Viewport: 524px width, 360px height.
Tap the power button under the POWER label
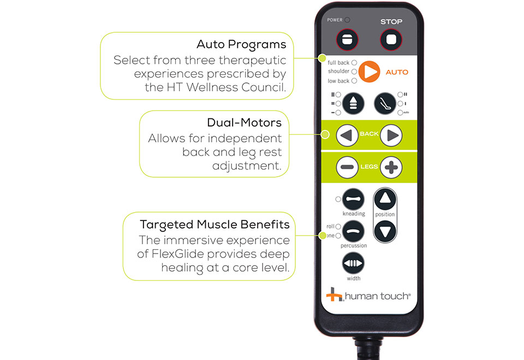coord(347,40)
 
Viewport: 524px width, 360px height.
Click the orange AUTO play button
coord(369,71)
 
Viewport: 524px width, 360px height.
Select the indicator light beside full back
coord(354,62)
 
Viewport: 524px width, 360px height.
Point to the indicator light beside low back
coord(354,81)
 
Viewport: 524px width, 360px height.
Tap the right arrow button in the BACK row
coord(391,135)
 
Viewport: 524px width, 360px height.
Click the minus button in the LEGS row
coord(347,167)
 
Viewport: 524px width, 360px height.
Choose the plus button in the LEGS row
coord(391,167)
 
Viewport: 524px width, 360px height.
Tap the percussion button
coord(353,231)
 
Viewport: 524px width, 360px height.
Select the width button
coord(353,263)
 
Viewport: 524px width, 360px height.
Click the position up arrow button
coord(385,199)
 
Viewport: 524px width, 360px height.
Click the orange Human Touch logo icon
coord(334,294)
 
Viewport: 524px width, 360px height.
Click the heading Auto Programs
coord(241,44)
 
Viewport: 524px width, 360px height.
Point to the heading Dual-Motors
coord(245,123)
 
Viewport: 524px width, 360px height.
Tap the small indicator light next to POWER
coord(348,20)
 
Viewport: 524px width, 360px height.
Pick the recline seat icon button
coord(385,104)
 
